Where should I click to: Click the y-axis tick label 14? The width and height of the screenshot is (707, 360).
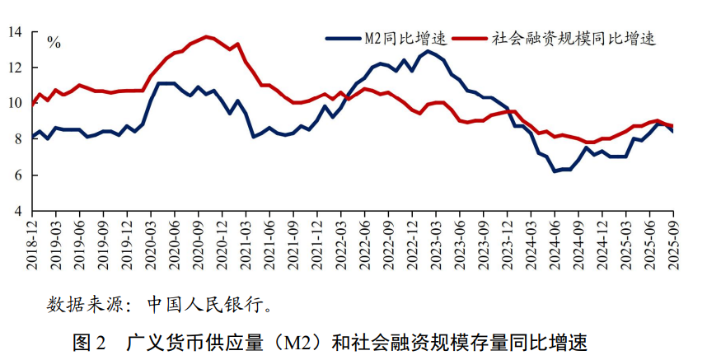[x=16, y=32]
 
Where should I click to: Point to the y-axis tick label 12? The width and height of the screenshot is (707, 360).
[x=16, y=68]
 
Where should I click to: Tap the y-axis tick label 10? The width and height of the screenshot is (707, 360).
[x=16, y=104]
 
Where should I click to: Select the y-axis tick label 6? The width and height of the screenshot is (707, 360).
[x=18, y=175]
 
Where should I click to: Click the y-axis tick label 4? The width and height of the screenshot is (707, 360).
[x=18, y=212]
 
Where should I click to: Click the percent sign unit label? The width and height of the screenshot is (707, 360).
[x=54, y=43]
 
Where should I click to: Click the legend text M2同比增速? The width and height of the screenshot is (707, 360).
[x=405, y=39]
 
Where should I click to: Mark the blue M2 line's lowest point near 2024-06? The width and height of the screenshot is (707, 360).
[x=555, y=171]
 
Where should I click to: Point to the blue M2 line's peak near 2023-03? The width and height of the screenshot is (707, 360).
[x=428, y=51]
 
